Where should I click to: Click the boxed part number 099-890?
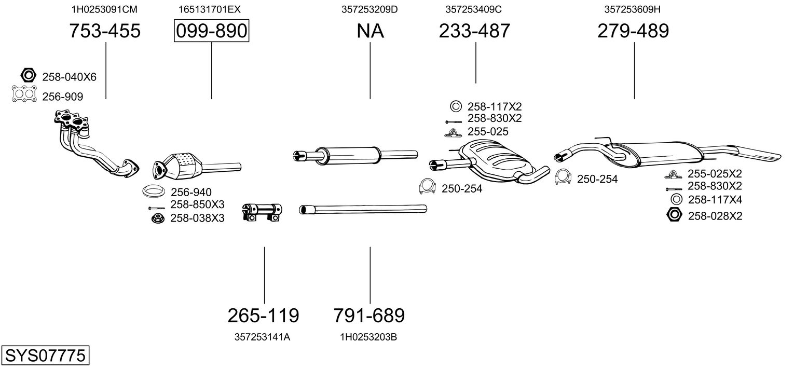[211, 31]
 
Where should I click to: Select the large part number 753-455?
[105, 31]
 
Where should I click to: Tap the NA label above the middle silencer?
[370, 31]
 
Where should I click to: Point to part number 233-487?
[474, 31]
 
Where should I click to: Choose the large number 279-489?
[633, 31]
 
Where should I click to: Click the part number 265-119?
[263, 316]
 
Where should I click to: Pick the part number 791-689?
[369, 316]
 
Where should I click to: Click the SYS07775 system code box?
[45, 355]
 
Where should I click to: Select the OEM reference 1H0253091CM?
[104, 9]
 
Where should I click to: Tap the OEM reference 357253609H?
[633, 9]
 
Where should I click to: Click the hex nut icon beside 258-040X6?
[29, 75]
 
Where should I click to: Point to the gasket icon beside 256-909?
[24, 94]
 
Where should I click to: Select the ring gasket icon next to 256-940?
[154, 191]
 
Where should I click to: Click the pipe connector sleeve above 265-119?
[262, 212]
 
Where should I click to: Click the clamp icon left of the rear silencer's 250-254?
[563, 177]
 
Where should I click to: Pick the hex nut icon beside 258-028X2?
[674, 215]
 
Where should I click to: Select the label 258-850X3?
[197, 204]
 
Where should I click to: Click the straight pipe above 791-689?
[363, 209]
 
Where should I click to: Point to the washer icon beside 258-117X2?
[456, 106]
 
